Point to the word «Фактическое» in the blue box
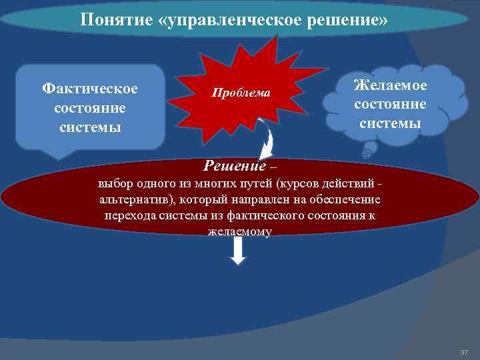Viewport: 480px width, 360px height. (90, 88)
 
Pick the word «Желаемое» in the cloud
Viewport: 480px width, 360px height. (390, 86)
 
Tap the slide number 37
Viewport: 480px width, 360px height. (464, 351)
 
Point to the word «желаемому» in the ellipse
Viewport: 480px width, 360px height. (239, 231)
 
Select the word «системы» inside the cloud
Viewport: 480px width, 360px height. (390, 123)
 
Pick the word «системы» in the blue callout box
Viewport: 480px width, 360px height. (90, 127)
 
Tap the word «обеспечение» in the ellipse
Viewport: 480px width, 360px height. (344, 199)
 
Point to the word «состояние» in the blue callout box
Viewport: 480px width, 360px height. (90, 107)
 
